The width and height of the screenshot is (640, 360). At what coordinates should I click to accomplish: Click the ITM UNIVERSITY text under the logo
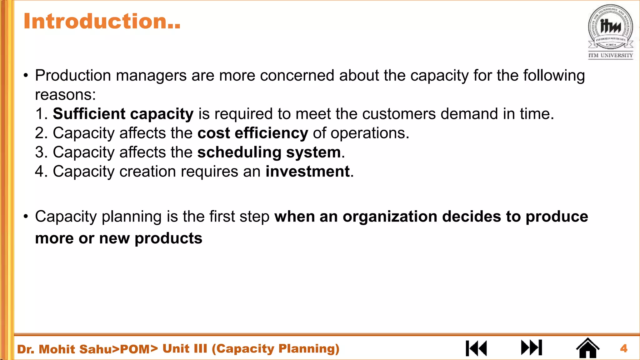pos(611,55)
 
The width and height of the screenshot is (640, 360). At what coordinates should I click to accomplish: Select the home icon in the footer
pos(587,348)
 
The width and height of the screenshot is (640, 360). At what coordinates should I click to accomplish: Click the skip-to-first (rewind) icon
pos(476,348)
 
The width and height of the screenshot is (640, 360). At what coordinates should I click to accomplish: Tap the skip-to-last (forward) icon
pos(532,348)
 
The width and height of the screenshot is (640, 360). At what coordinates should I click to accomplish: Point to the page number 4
pos(624,348)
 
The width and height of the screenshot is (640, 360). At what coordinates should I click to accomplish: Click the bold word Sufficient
pos(89,114)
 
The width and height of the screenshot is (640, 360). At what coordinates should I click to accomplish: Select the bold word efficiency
pos(271,133)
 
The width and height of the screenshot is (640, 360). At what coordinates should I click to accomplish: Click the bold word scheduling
pos(239,152)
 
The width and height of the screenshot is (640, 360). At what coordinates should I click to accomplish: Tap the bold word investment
pos(307,172)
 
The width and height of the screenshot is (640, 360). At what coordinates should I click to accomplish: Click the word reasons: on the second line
pos(65,95)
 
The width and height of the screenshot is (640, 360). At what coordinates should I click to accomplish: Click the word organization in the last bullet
pos(390,217)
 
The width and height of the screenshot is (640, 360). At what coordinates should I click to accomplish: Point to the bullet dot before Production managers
pos(26,76)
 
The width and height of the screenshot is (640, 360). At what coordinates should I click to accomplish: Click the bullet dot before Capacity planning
pos(26,217)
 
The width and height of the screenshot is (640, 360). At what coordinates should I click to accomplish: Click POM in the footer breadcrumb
pos(135,349)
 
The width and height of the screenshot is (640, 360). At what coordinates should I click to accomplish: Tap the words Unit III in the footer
pos(185,348)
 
